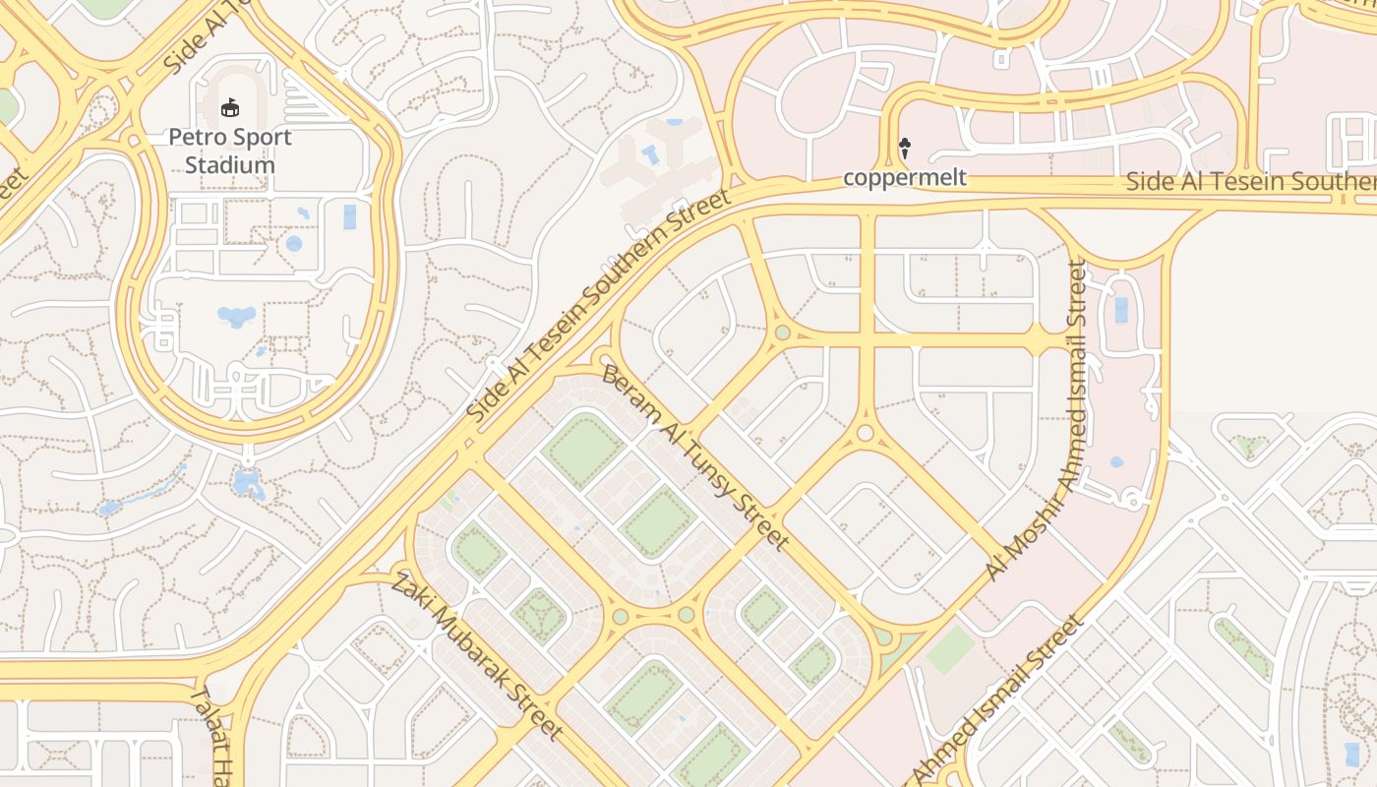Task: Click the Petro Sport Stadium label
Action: pyautogui.click(x=230, y=151)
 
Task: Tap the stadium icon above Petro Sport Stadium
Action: pyautogui.click(x=230, y=106)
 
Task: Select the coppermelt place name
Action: pyautogui.click(x=905, y=178)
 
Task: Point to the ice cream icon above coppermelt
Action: pyautogui.click(x=905, y=149)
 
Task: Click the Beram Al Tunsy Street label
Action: pyautogui.click(x=694, y=457)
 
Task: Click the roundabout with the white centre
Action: pyautogui.click(x=865, y=433)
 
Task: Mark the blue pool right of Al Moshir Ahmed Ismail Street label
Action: pyautogui.click(x=1120, y=310)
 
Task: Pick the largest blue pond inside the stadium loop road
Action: pyautogui.click(x=236, y=316)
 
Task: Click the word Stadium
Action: pyautogui.click(x=230, y=164)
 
